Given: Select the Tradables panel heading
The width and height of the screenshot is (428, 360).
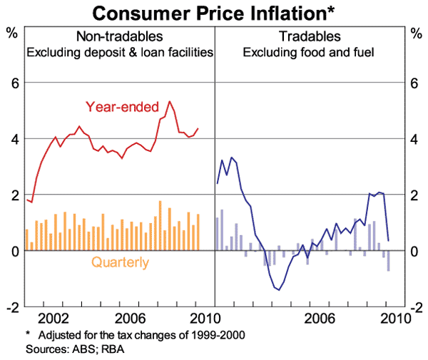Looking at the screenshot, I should coord(310,36).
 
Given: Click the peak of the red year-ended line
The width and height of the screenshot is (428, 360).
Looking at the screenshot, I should coord(169,101).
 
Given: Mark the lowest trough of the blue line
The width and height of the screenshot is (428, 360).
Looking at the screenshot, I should coord(278,289).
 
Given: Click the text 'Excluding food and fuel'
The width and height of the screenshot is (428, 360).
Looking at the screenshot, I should coord(310,52).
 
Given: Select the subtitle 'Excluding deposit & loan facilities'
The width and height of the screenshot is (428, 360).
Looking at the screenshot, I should coord(120,52).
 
